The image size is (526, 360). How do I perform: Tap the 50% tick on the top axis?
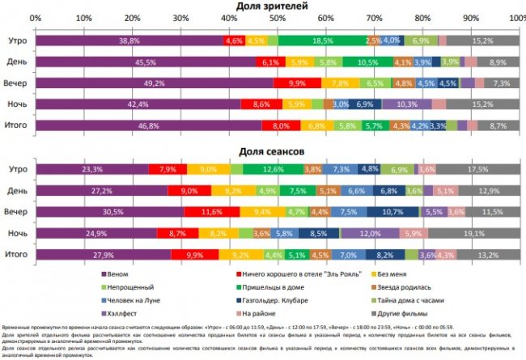[x=277, y=17]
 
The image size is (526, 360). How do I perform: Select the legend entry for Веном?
[x=118, y=274]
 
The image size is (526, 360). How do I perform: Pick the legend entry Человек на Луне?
[x=134, y=299]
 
